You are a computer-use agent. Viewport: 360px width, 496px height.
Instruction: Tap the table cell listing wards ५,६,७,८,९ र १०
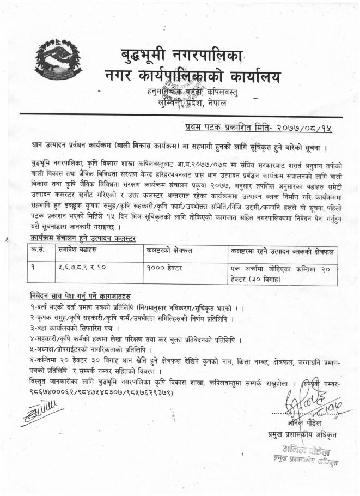point(81,268)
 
